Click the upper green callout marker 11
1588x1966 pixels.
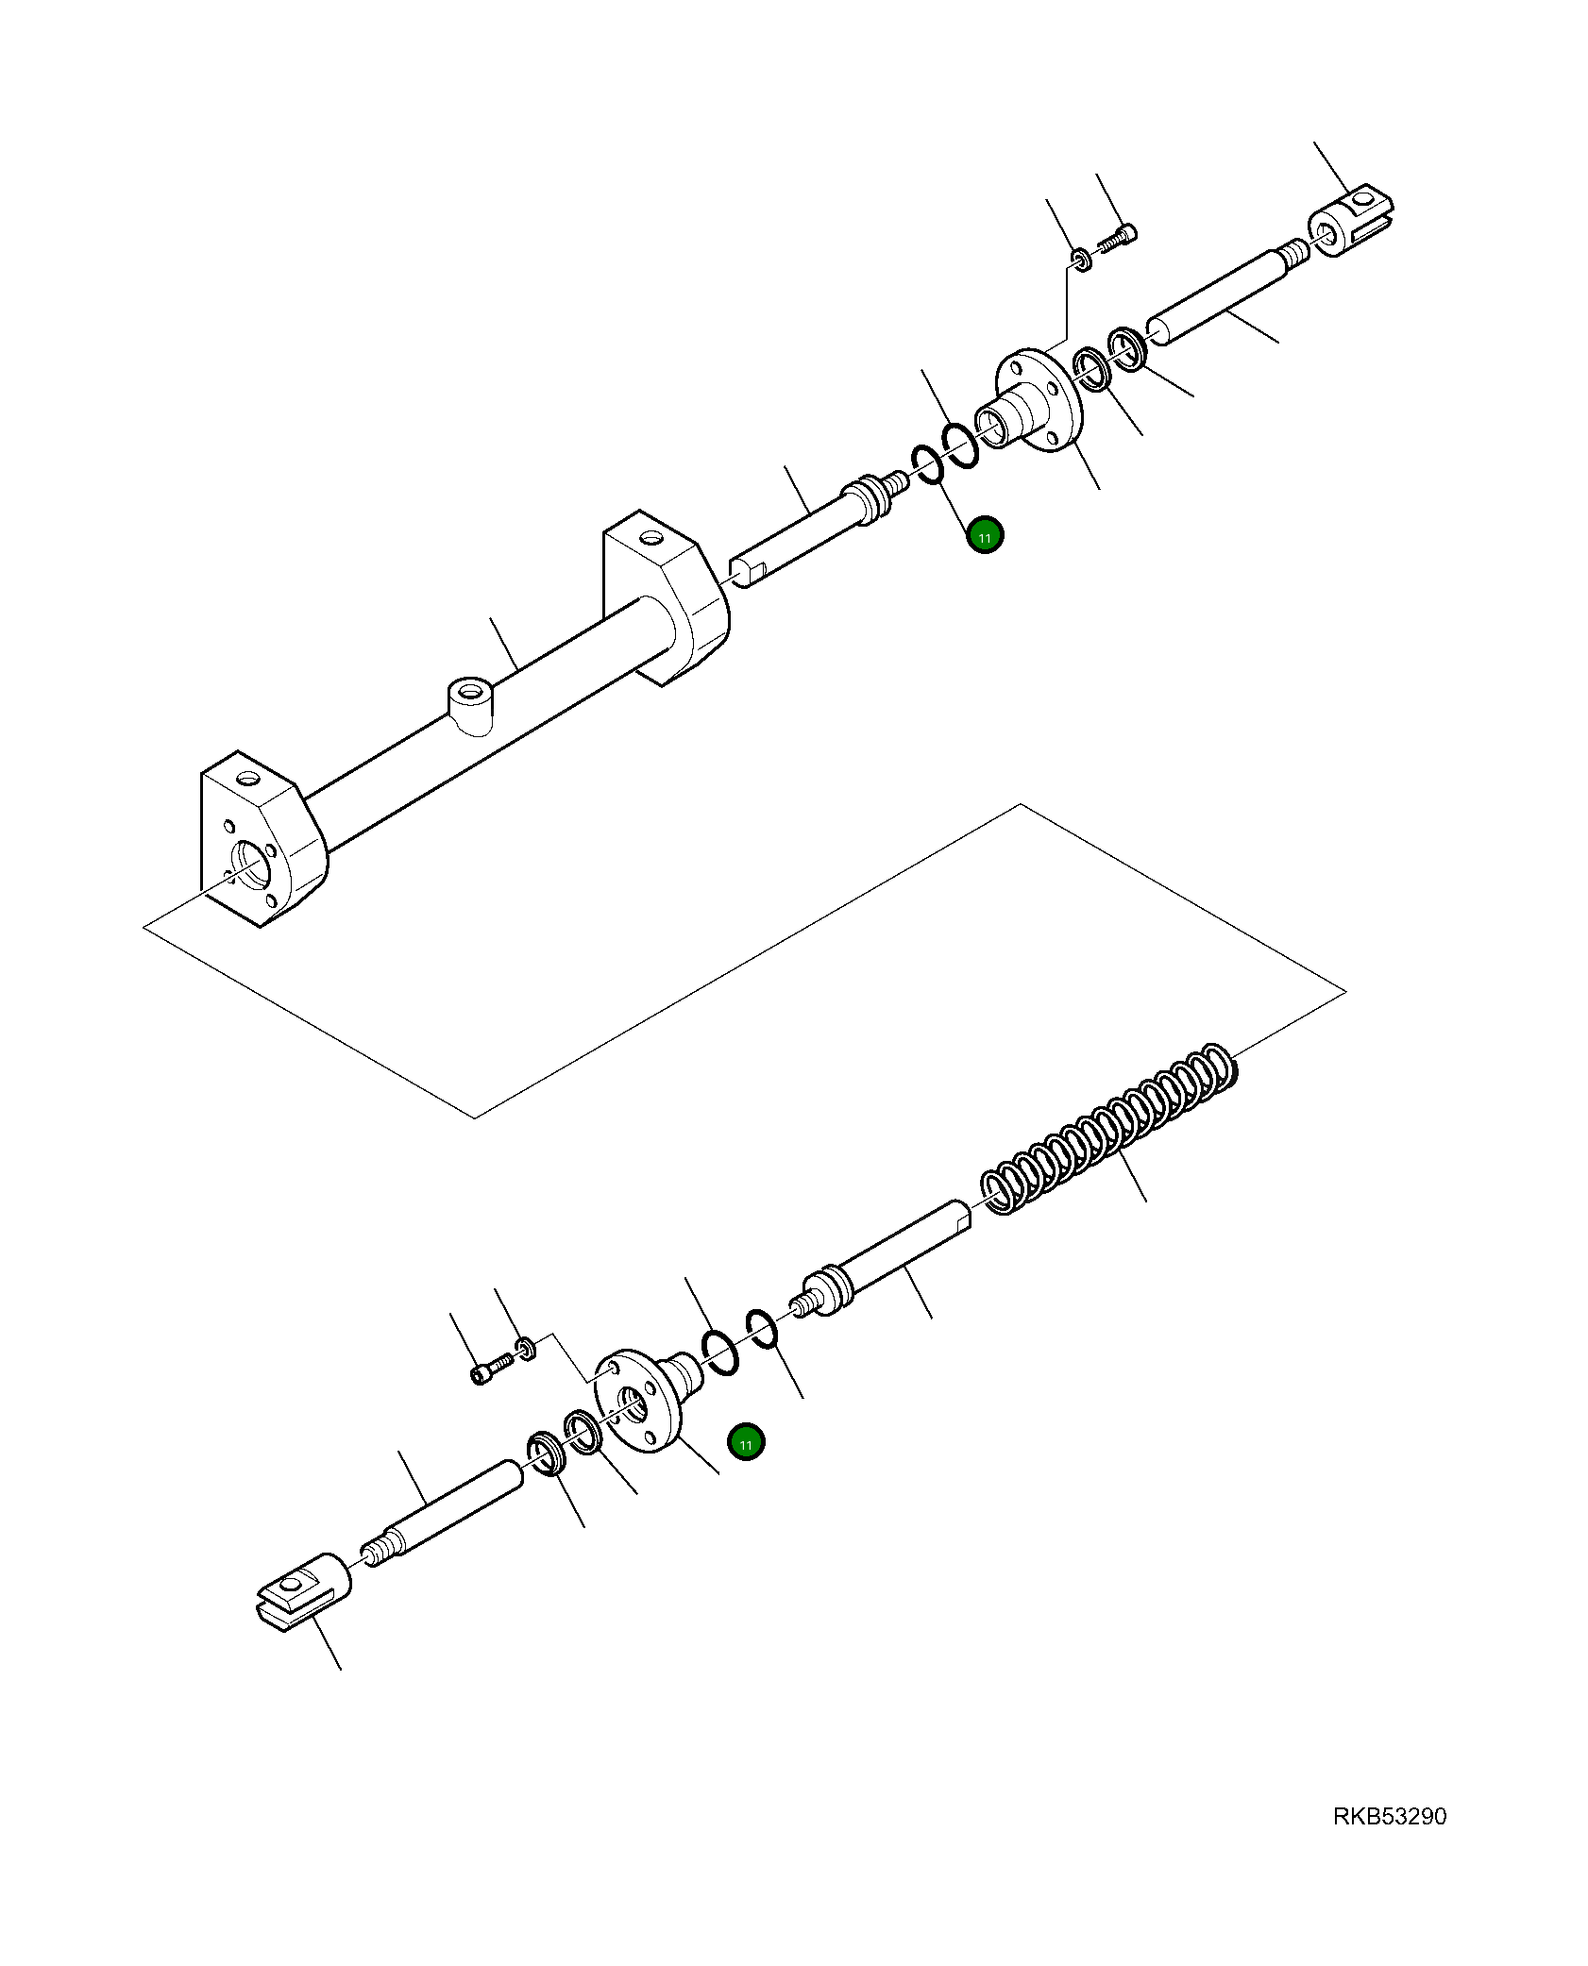(x=985, y=536)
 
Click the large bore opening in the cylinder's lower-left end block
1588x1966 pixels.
(x=252, y=864)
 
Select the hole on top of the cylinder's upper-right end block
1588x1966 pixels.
(x=650, y=540)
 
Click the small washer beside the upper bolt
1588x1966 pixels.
(x=1081, y=259)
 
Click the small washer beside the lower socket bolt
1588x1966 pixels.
(x=525, y=1347)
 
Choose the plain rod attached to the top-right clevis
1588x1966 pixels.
(x=1223, y=294)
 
